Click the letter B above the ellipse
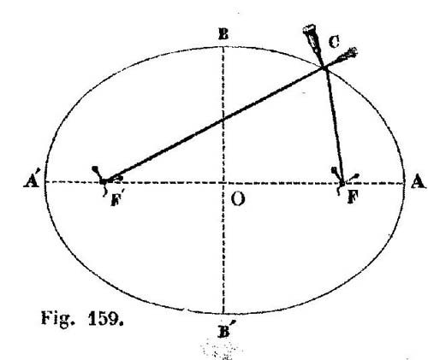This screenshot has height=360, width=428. pyautogui.click(x=223, y=35)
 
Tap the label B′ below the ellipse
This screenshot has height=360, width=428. pyautogui.click(x=225, y=330)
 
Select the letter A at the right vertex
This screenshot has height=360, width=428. pyautogui.click(x=418, y=181)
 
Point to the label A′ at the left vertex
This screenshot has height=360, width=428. pyautogui.click(x=33, y=180)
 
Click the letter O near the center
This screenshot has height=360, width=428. pyautogui.click(x=237, y=198)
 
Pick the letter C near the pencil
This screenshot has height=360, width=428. pyautogui.click(x=334, y=42)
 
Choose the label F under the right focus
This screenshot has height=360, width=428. pyautogui.click(x=353, y=197)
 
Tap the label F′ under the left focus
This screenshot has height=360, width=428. pyautogui.click(x=117, y=199)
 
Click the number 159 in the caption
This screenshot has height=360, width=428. pyautogui.click(x=105, y=318)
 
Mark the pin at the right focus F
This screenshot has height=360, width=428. pyautogui.click(x=342, y=182)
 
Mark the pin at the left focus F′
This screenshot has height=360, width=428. pyautogui.click(x=104, y=180)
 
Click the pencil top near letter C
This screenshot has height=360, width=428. pyautogui.click(x=309, y=29)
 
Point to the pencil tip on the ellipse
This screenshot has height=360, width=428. pyautogui.click(x=324, y=68)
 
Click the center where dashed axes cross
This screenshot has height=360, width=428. pyautogui.click(x=223, y=182)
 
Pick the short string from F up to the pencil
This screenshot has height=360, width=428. pyautogui.click(x=333, y=125)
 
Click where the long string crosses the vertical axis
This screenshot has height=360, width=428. pyautogui.click(x=223, y=120)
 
